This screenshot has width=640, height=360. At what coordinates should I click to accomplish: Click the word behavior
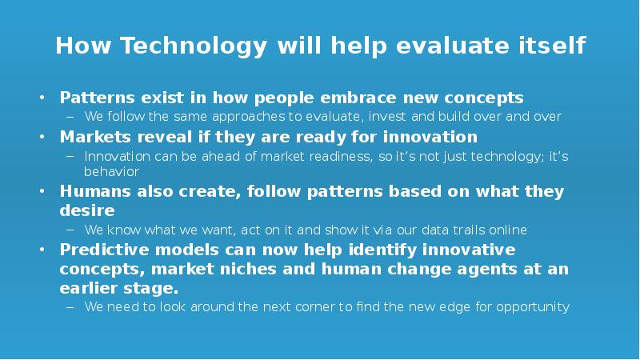click(x=111, y=171)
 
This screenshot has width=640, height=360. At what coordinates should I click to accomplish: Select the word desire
click(x=86, y=211)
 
